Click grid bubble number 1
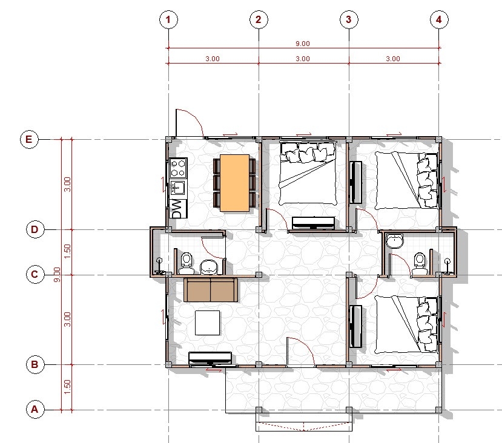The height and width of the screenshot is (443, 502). (168, 19)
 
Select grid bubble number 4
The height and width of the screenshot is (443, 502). (439, 19)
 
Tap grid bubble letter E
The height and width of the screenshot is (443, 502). (29, 139)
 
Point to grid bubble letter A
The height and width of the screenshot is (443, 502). (35, 410)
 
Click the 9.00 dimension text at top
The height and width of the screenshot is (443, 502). (303, 44)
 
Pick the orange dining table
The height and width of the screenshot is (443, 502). (235, 183)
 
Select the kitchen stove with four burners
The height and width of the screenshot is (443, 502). (178, 168)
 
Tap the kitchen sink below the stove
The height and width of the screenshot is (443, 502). (177, 188)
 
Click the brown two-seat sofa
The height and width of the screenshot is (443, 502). (211, 290)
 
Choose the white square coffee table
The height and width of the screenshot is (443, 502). (208, 323)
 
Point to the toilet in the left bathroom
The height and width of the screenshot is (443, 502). (187, 263)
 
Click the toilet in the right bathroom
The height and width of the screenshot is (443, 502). (420, 264)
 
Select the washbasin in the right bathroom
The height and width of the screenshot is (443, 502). (395, 240)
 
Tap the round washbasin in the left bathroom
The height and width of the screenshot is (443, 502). (209, 267)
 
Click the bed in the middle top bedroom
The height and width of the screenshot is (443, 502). (308, 173)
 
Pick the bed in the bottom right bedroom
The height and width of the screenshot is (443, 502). (406, 324)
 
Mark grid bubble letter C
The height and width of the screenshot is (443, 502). (35, 274)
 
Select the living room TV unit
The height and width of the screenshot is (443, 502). (210, 358)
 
